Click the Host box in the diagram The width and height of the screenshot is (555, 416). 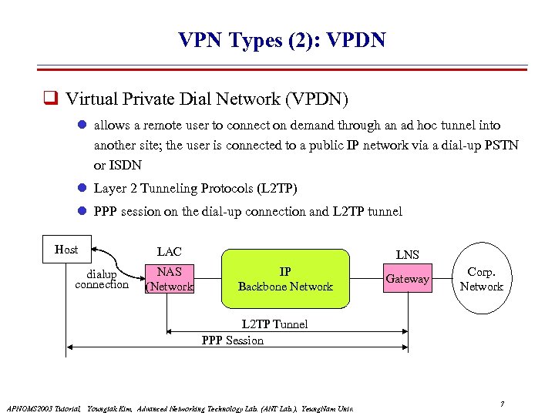[x=66, y=250]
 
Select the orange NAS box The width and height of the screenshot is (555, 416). [x=169, y=279]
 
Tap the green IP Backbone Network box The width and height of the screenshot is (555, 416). [x=285, y=279]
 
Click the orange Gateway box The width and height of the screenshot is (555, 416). [x=407, y=279]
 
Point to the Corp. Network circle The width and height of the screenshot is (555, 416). [x=481, y=279]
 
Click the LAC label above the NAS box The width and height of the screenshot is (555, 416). [x=169, y=251]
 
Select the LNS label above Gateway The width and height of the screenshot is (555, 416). [x=407, y=254]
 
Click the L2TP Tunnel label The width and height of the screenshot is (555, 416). [x=274, y=324]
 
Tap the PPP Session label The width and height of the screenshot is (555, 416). [x=232, y=340]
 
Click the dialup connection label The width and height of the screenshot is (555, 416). [x=102, y=280]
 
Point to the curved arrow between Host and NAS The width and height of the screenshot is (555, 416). [x=123, y=258]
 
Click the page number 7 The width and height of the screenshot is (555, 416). [x=502, y=404]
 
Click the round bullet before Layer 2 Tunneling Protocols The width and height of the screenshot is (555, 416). [x=82, y=189]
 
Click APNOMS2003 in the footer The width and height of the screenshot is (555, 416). [x=30, y=408]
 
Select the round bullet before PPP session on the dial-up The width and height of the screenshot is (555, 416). [x=82, y=211]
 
